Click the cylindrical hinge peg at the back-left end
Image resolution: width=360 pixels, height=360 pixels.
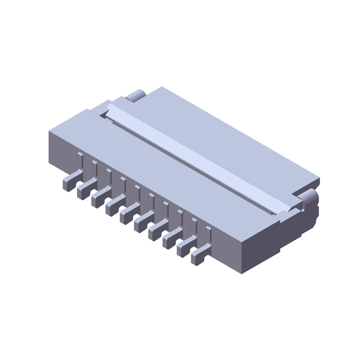[136, 95]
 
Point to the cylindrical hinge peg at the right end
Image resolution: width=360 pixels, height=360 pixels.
[310, 199]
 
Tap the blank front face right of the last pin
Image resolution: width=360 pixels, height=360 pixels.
[231, 247]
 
